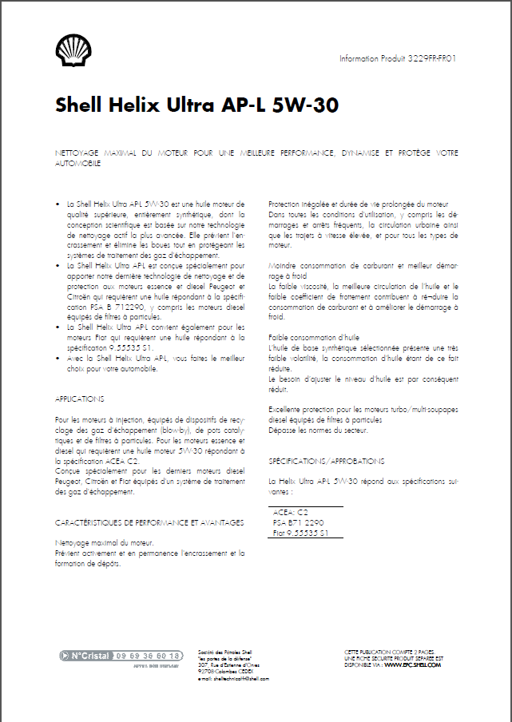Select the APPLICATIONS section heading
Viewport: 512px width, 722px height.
[x=79, y=398]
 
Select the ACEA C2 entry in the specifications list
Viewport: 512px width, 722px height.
[x=291, y=512]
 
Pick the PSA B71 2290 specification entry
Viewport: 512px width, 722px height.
[x=298, y=522]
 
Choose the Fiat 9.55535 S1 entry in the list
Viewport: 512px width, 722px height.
[x=301, y=532]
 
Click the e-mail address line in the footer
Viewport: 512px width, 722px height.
[x=232, y=678]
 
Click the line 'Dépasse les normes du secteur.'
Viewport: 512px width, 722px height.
[x=318, y=430]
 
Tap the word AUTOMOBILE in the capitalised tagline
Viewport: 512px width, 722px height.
[x=77, y=162]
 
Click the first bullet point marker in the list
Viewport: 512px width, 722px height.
[x=58, y=204]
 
